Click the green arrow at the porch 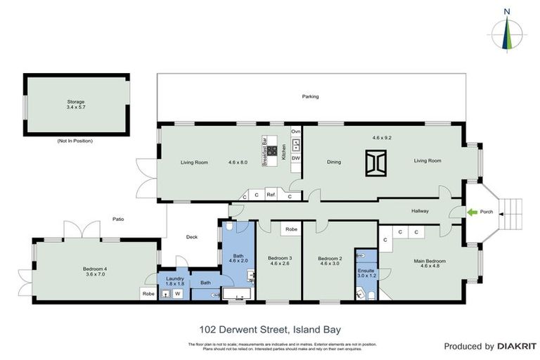pyautogui.click(x=474, y=212)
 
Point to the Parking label pyautogui.click(x=310, y=96)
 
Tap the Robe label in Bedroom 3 pyautogui.click(x=291, y=229)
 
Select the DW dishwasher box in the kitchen pyautogui.click(x=296, y=158)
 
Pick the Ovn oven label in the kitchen pyautogui.click(x=296, y=131)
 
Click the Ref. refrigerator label pyautogui.click(x=271, y=195)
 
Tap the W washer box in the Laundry pyautogui.click(x=177, y=294)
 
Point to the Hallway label pyautogui.click(x=420, y=210)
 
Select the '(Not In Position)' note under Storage pyautogui.click(x=75, y=141)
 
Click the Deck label pyautogui.click(x=192, y=237)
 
